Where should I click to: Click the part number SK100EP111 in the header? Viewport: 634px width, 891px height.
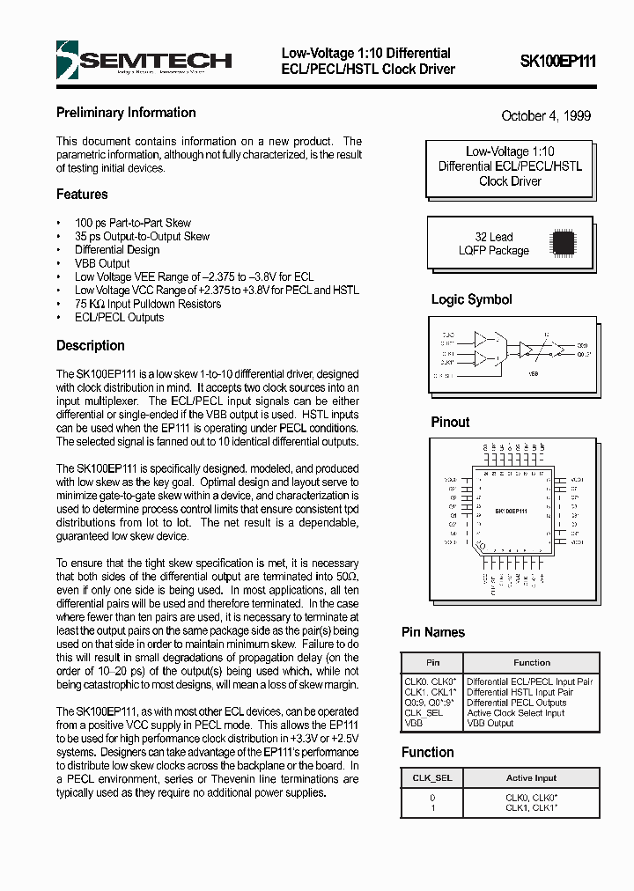click(x=557, y=61)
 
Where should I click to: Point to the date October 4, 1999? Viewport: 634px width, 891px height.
click(x=546, y=115)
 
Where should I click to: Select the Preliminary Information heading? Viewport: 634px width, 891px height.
click(x=126, y=113)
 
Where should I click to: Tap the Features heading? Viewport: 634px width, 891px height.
click(x=82, y=194)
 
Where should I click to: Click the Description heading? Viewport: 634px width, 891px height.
click(x=91, y=345)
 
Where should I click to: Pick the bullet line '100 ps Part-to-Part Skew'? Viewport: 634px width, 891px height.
click(x=132, y=223)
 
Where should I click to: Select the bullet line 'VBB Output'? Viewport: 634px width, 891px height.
click(x=102, y=263)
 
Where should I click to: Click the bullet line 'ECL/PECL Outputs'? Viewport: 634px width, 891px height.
click(x=119, y=317)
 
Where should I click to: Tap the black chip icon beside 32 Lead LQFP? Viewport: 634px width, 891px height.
click(x=563, y=242)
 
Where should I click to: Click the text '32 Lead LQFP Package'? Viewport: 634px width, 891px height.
click(x=493, y=244)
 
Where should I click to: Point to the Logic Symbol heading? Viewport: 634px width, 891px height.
click(x=471, y=299)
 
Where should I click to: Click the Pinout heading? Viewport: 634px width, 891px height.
click(x=450, y=422)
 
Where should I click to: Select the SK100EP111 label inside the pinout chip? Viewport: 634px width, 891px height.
click(x=510, y=511)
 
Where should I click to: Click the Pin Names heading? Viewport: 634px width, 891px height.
click(x=433, y=632)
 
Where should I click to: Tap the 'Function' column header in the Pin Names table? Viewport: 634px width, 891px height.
click(x=532, y=662)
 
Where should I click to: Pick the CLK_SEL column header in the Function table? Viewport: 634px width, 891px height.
click(x=431, y=778)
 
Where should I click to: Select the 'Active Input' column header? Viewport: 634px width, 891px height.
click(x=532, y=778)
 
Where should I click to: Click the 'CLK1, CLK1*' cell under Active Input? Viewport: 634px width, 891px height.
click(x=532, y=807)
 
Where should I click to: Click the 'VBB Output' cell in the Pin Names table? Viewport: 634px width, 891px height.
click(x=490, y=723)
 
